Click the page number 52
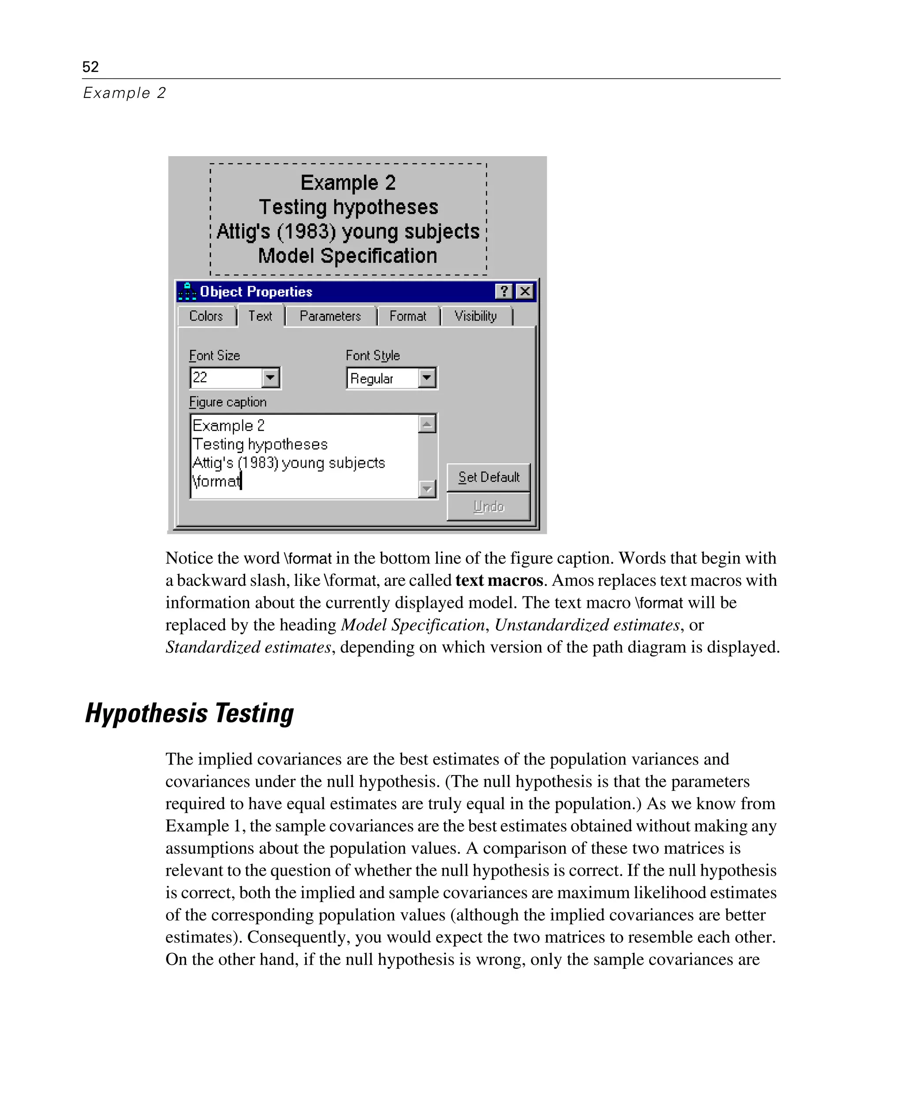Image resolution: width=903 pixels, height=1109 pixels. point(90,67)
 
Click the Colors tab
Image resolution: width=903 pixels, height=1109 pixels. point(206,316)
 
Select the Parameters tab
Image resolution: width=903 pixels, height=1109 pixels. point(330,316)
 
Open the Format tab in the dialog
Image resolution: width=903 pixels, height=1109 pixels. point(408,316)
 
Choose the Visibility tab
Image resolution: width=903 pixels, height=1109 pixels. point(475,316)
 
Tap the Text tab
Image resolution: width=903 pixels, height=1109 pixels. point(260,316)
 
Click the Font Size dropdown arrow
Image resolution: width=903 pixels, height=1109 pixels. point(270,377)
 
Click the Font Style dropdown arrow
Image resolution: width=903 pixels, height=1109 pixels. point(426,377)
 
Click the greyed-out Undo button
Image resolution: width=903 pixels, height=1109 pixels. point(489,506)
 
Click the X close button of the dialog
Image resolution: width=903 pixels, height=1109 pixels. point(525,292)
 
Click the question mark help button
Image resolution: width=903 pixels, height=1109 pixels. point(504,292)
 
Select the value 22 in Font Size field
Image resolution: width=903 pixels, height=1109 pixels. point(200,377)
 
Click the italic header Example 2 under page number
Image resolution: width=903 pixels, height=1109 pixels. point(124,93)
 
